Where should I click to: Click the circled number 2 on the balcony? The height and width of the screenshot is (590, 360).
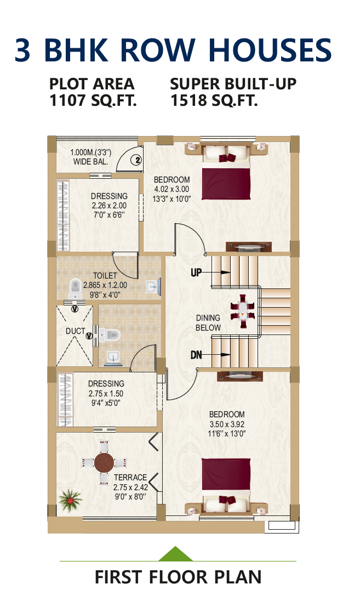coord(138,160)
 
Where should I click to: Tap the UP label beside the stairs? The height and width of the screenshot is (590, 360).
coord(196,272)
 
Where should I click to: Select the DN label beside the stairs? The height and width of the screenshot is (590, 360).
coord(196,354)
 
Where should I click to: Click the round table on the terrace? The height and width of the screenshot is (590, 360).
coord(104,462)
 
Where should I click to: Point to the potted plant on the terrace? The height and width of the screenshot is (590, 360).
coord(70,499)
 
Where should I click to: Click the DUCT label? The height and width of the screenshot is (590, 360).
coord(75,331)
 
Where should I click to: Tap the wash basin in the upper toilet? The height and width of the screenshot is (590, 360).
coord(153,287)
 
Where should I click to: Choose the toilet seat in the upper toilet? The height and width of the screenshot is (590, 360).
coord(76,288)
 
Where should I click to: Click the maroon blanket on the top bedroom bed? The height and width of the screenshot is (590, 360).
coord(226,184)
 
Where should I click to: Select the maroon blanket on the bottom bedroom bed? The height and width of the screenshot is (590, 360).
coord(226,474)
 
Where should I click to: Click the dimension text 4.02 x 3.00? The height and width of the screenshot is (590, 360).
coord(172,189)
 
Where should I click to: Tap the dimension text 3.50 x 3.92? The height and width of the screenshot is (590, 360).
coord(227,424)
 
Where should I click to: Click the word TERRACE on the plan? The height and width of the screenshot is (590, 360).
coord(130,477)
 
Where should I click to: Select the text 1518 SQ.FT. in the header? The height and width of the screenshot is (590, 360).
coord(214,100)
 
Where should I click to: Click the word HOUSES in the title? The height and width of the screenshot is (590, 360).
coord(270,50)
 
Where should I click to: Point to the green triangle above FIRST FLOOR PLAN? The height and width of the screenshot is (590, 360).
coord(176,554)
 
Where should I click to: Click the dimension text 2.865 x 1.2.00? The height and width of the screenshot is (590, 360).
coord(105,285)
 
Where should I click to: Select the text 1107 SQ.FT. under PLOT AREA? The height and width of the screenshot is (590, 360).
coord(93,100)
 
